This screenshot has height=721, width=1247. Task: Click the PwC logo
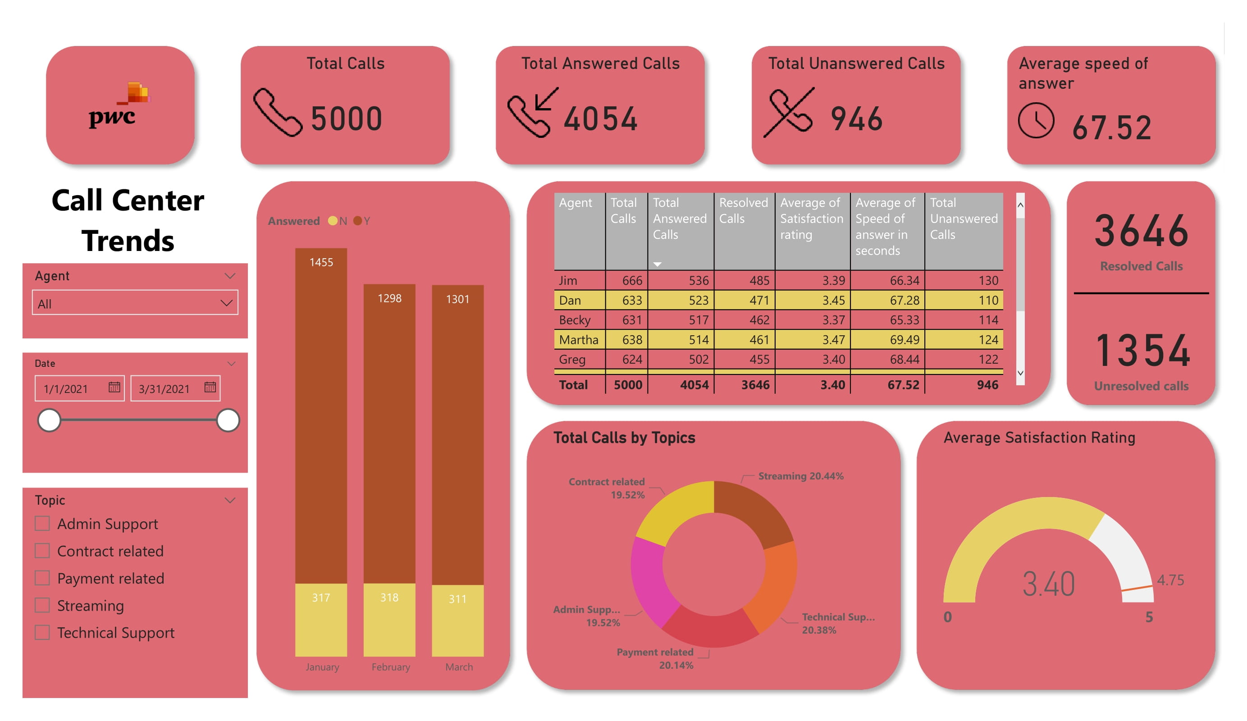pyautogui.click(x=120, y=105)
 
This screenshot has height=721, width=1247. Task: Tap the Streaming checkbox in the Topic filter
pyautogui.click(x=42, y=605)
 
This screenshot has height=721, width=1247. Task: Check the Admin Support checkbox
pyautogui.click(x=42, y=524)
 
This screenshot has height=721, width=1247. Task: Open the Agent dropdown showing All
pyautogui.click(x=135, y=303)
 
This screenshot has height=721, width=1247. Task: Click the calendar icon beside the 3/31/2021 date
pyautogui.click(x=210, y=388)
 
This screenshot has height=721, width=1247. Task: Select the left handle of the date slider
pyautogui.click(x=50, y=420)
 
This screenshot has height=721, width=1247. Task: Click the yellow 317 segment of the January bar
pyautogui.click(x=321, y=620)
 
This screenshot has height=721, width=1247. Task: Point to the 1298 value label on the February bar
pyautogui.click(x=389, y=298)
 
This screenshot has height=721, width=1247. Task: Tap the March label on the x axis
pyautogui.click(x=459, y=667)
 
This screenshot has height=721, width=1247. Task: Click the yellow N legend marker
pyautogui.click(x=333, y=221)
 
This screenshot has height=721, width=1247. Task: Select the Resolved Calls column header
pyautogui.click(x=743, y=211)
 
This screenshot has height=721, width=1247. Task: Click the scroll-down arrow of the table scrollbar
pyautogui.click(x=1020, y=373)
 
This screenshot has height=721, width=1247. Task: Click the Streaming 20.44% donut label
pyautogui.click(x=801, y=476)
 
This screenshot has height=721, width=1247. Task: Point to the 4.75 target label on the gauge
pyautogui.click(x=1170, y=580)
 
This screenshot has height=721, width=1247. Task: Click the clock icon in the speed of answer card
pyautogui.click(x=1036, y=120)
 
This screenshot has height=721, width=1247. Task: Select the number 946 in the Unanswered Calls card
pyautogui.click(x=857, y=119)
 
